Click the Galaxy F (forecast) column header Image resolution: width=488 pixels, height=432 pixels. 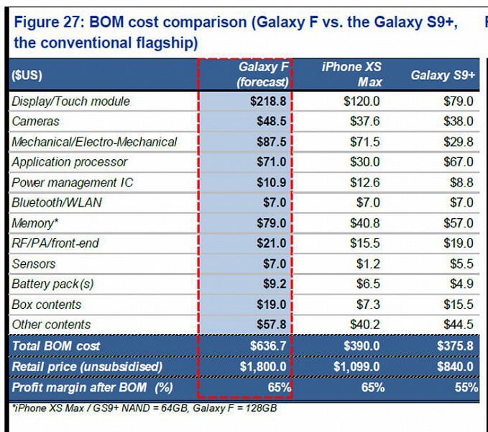point(262,74)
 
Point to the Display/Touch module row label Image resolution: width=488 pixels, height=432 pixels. point(70,102)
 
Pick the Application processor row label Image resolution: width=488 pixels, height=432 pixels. point(69,162)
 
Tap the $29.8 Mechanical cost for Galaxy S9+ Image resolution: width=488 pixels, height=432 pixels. point(459,142)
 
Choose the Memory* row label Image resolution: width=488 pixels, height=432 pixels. point(33,223)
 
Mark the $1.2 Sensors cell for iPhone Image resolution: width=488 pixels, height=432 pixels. point(369,264)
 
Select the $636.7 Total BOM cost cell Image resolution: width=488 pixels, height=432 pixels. point(269,346)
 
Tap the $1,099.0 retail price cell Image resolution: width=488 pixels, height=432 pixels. point(359,367)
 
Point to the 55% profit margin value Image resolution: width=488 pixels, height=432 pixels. point(466,387)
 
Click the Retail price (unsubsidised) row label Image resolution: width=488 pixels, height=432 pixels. point(87,367)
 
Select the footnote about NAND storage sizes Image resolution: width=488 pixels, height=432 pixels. point(143,408)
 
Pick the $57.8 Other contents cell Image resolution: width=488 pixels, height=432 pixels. point(272,325)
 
